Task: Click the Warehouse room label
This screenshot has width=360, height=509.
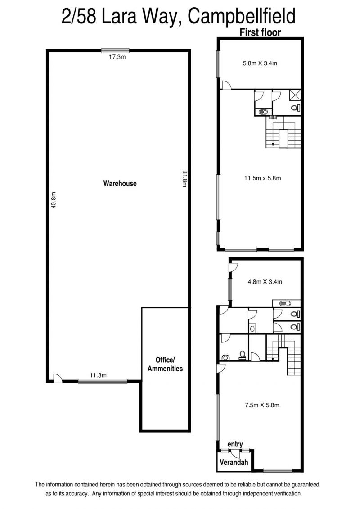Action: click(x=120, y=184)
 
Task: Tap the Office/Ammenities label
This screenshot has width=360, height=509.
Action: click(x=165, y=364)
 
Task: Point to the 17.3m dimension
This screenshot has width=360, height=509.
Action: click(x=117, y=57)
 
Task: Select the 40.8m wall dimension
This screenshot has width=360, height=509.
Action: click(x=54, y=200)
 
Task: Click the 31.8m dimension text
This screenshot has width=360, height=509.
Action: click(x=184, y=179)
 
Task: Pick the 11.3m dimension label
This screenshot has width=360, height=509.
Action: click(x=98, y=375)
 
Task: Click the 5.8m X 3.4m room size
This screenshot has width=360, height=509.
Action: click(x=260, y=63)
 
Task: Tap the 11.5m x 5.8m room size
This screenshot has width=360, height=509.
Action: click(x=262, y=178)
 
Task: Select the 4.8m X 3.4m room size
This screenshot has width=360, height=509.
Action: click(x=265, y=282)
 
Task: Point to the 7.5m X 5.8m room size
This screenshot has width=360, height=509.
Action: click(x=262, y=405)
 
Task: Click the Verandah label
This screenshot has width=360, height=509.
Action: click(x=234, y=462)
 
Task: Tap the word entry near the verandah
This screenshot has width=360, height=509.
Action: click(x=235, y=444)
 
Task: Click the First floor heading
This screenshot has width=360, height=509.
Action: click(x=260, y=32)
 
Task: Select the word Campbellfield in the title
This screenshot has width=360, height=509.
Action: click(x=242, y=16)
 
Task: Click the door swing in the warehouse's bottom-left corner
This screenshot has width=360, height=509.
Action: click(x=57, y=378)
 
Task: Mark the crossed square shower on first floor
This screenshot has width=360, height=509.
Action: click(x=295, y=96)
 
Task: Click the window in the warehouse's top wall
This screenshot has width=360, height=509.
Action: click(x=115, y=50)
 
